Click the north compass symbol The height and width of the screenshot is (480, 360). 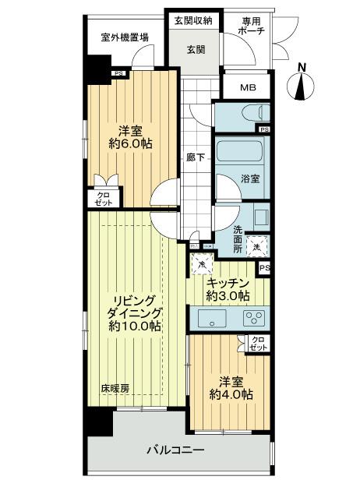pyautogui.click(x=303, y=83)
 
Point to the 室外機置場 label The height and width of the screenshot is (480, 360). pyautogui.click(x=125, y=37)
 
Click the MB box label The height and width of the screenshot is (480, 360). pyautogui.click(x=247, y=86)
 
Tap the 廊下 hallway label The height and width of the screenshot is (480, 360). pyautogui.click(x=196, y=157)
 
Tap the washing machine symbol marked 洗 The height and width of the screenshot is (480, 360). pyautogui.click(x=258, y=246)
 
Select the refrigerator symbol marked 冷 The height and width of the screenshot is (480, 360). pyautogui.click(x=201, y=264)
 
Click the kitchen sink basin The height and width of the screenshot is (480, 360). pyautogui.click(x=210, y=318)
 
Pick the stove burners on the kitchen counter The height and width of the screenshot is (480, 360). pyautogui.click(x=253, y=318)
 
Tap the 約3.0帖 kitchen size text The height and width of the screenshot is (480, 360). pyautogui.click(x=228, y=296)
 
